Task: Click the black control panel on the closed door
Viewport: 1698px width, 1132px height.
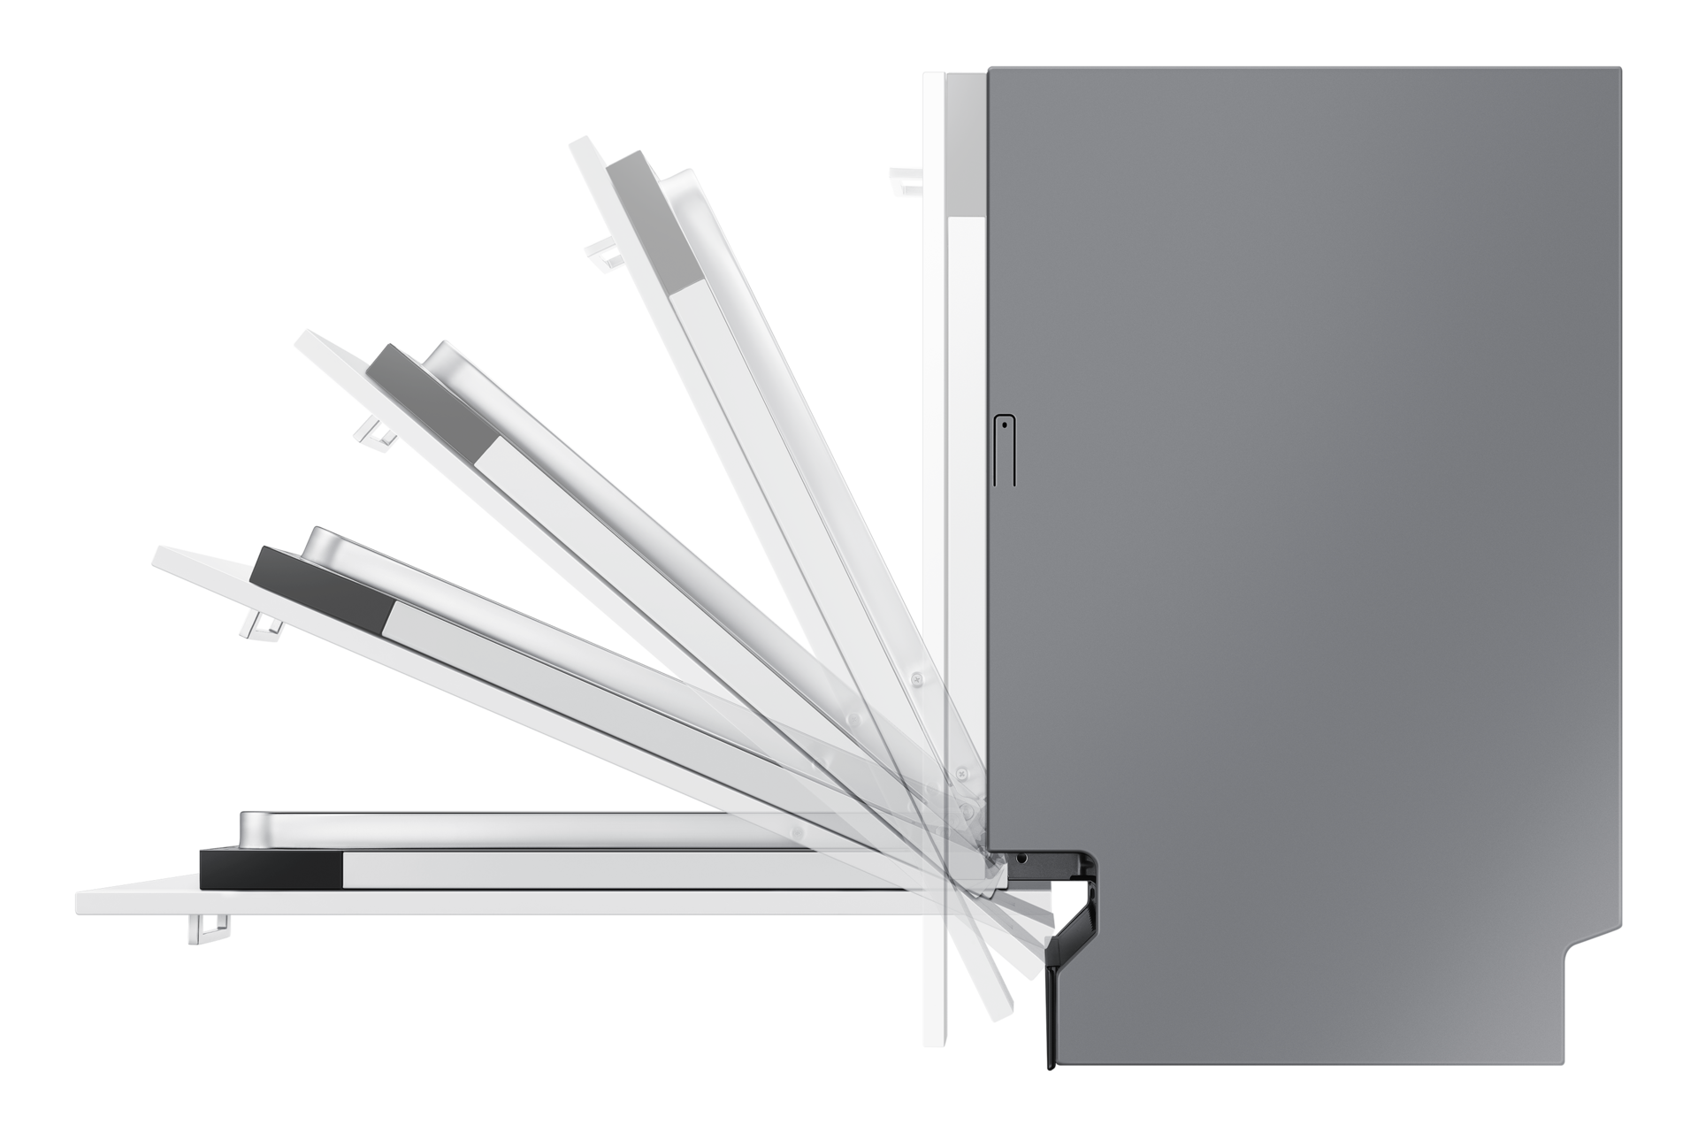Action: (966, 143)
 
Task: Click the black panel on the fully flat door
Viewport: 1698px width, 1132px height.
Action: (271, 868)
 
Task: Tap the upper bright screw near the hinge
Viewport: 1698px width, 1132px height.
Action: (917, 677)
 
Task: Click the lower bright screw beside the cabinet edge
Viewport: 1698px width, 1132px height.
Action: (960, 772)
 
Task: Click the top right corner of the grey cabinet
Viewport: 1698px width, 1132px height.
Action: (1618, 71)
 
